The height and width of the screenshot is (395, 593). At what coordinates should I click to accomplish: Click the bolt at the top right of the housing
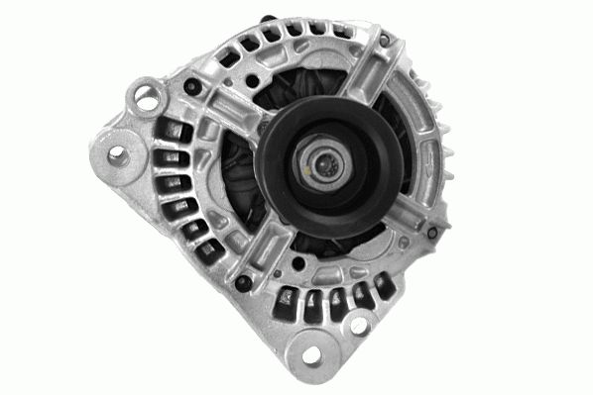pos(381,41)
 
